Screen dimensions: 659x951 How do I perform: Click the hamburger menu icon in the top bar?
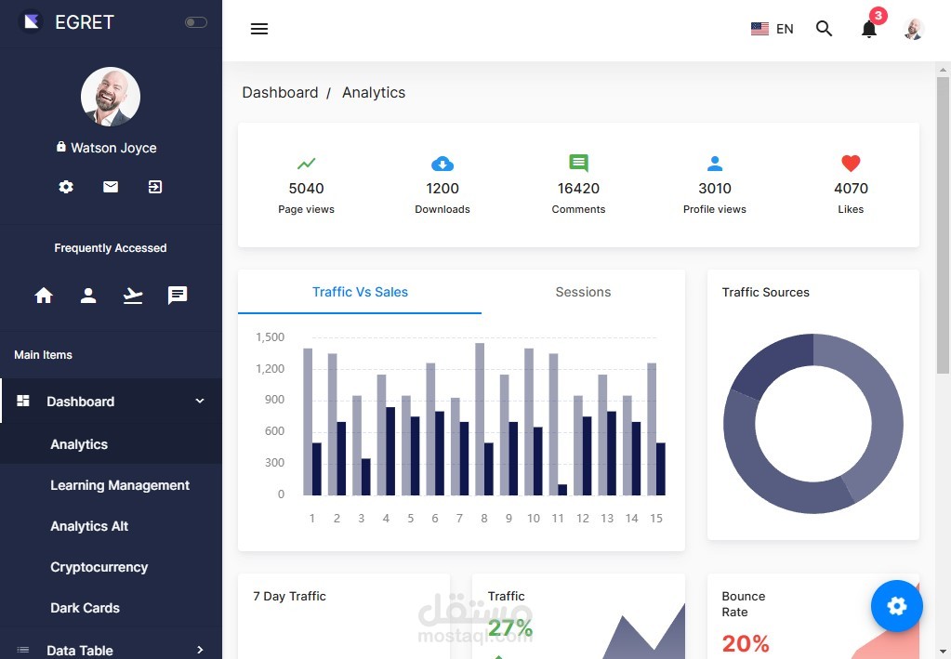tap(259, 29)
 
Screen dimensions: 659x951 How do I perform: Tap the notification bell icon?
tap(868, 29)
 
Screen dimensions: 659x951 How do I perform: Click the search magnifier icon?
tap(824, 29)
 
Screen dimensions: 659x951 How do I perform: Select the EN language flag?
tap(759, 29)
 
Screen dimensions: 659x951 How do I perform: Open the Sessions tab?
tap(583, 292)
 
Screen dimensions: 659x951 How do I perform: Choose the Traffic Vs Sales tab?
tap(360, 292)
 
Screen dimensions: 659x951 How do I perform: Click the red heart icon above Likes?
tap(851, 164)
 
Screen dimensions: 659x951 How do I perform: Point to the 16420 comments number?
tap(578, 188)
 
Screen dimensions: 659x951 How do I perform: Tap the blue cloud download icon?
tap(442, 164)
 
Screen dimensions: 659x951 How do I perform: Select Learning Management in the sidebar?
tap(120, 485)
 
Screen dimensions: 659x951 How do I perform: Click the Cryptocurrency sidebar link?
tap(99, 567)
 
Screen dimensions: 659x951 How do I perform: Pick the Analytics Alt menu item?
tap(89, 526)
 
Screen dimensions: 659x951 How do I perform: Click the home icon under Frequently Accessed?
tap(44, 296)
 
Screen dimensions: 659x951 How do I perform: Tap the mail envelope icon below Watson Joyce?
tap(111, 187)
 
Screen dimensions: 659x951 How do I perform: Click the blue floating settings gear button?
tap(896, 606)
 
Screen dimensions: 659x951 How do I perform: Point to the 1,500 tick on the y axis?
tap(270, 337)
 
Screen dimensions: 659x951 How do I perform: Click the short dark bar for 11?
tap(562, 490)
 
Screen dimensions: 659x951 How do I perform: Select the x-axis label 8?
tap(483, 518)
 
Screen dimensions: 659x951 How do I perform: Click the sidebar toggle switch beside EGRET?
tap(195, 22)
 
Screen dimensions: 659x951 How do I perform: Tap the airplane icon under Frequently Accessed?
tap(133, 296)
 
